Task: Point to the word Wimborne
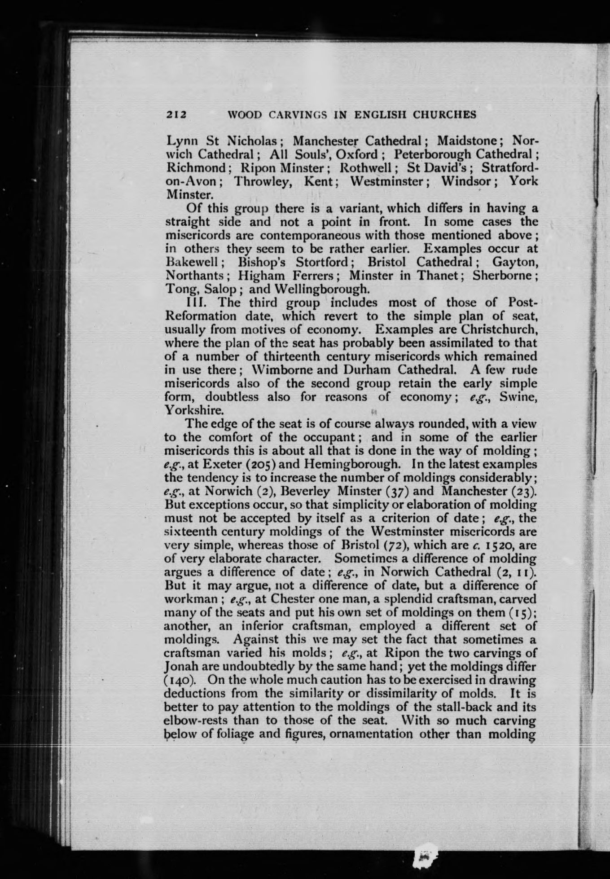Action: (x=285, y=370)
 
